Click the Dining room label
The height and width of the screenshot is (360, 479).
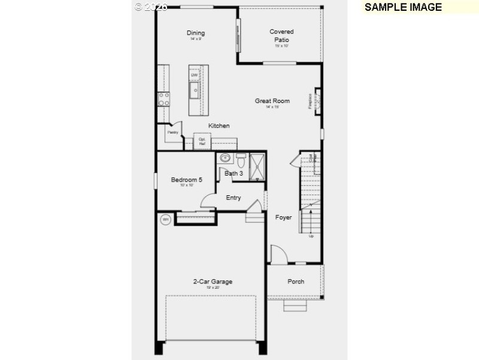195,33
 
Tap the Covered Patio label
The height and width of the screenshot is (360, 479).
281,35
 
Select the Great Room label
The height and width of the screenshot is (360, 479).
272,101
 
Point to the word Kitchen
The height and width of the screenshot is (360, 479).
219,126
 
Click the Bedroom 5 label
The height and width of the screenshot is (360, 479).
186,180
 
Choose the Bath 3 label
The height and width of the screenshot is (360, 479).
234,174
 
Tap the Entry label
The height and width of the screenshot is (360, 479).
233,198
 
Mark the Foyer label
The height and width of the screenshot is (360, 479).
283,217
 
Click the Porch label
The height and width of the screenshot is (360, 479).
296,282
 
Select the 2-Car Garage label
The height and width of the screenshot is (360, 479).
213,282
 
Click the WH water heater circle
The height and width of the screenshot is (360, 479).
166,220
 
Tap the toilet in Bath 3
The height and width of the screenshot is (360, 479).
241,161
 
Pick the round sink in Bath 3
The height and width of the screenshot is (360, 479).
225,159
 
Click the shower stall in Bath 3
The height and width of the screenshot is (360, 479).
257,165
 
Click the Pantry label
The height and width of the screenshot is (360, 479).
172,132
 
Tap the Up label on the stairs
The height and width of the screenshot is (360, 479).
311,236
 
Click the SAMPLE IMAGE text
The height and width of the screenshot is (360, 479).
403,7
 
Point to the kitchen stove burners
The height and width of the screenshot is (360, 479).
163,99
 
